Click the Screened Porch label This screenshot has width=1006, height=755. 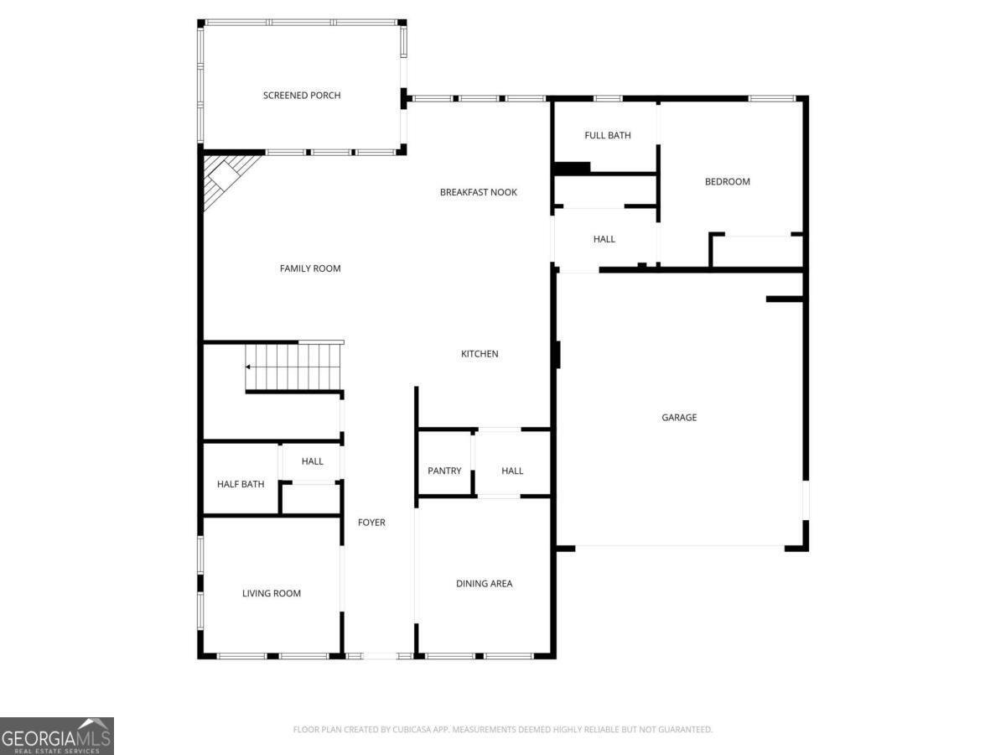click(x=302, y=96)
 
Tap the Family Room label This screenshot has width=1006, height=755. click(x=310, y=268)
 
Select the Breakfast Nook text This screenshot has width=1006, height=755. click(x=479, y=192)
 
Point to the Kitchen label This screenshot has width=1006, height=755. click(x=480, y=354)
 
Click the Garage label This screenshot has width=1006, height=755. click(x=679, y=417)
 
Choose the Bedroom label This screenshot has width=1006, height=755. click(x=728, y=181)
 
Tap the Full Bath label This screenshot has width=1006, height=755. click(x=608, y=135)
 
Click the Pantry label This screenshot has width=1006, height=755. click(x=444, y=471)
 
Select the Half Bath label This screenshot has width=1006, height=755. click(x=241, y=484)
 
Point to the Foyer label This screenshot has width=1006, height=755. click(x=371, y=523)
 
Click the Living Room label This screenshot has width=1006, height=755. click(x=272, y=593)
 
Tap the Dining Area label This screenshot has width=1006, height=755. click(x=484, y=584)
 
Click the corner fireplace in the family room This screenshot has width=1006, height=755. click(x=225, y=176)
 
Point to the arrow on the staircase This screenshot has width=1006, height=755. click(x=248, y=367)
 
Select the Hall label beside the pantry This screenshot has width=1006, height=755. click(x=512, y=471)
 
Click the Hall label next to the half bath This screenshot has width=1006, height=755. click(x=312, y=461)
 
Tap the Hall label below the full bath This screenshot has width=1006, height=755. click(x=604, y=239)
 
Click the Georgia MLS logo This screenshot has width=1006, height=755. click(x=57, y=736)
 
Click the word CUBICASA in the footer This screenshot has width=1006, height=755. click(x=412, y=729)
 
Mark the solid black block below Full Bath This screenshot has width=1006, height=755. click(x=572, y=169)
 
